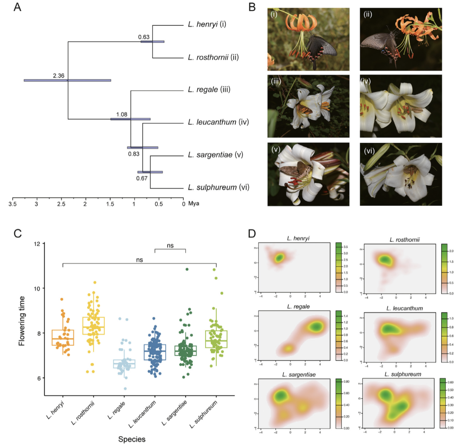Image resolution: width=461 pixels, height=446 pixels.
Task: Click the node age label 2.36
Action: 59,76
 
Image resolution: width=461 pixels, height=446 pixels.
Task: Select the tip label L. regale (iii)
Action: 209,89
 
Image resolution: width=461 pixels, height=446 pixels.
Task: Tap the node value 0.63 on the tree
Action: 144,37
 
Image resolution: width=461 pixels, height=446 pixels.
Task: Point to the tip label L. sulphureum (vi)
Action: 219,187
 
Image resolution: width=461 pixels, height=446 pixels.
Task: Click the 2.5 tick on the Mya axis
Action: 61,204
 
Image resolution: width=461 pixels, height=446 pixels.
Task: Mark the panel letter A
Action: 17,7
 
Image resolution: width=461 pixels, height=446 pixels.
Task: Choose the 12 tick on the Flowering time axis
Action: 37,243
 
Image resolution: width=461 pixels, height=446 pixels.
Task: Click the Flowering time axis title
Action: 22,321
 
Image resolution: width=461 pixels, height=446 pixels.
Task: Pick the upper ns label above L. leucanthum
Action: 170,246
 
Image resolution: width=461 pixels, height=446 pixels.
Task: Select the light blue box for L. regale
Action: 124,364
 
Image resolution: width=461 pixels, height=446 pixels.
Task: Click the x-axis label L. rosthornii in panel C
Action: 83,413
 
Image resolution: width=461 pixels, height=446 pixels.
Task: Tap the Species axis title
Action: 132,439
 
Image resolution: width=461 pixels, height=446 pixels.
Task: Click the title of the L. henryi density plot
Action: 298,239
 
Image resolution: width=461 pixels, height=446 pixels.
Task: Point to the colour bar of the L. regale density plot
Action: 338,336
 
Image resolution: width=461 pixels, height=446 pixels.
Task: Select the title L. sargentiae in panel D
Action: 298,374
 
